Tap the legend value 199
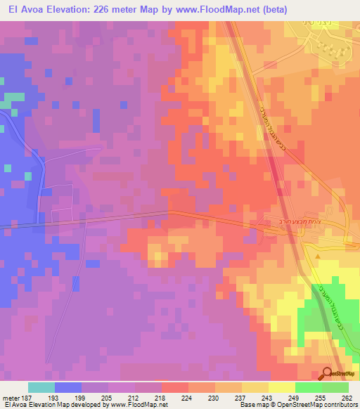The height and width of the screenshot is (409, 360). click(81, 398)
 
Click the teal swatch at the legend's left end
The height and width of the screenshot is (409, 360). click(41, 388)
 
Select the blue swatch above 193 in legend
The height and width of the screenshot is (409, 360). click(68, 388)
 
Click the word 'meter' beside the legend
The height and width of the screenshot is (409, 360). click(9, 398)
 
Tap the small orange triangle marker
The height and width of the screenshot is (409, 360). click(317, 256)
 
